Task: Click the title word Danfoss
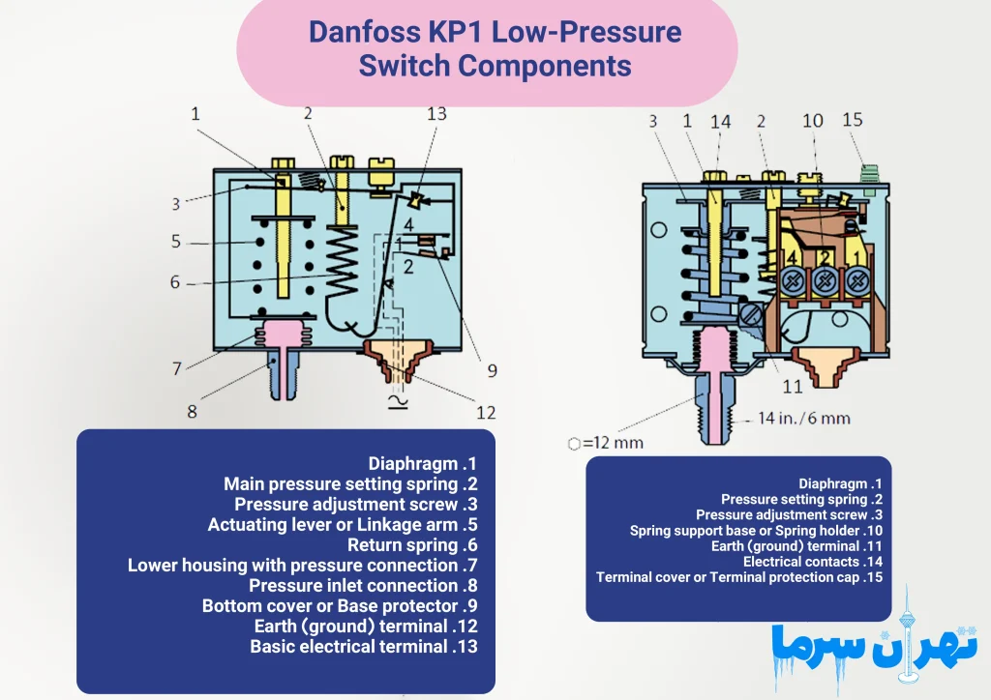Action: pos(362,32)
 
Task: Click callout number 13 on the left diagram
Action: pos(436,114)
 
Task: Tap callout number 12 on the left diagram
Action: pos(486,413)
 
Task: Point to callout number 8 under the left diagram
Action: pos(192,412)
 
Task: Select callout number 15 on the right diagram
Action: pos(852,120)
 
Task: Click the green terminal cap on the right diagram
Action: pos(867,174)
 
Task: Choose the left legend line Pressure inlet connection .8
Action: pos(363,586)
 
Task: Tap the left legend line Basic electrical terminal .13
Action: pos(364,647)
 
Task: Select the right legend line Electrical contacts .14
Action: pos(812,562)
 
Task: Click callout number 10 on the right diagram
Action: pos(813,121)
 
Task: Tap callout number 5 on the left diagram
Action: pos(176,242)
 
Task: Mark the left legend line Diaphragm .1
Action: pos(423,464)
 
